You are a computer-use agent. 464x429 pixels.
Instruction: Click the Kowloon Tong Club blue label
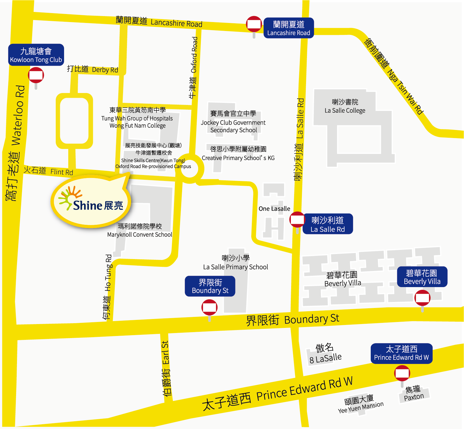[36, 55]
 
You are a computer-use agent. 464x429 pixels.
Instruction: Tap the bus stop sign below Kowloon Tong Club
[36, 75]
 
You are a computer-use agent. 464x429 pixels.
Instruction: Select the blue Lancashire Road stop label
[288, 28]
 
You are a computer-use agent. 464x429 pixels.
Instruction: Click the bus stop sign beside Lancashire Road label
[254, 24]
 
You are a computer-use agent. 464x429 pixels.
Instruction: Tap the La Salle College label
[345, 106]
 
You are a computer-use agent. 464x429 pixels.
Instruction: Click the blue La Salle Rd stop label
[328, 224]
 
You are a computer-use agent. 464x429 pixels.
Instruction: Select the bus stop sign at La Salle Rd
[297, 220]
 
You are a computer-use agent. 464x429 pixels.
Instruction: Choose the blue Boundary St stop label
[210, 286]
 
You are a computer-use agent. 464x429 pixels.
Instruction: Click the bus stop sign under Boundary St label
[209, 308]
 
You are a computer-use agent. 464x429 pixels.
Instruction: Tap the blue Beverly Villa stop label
[422, 277]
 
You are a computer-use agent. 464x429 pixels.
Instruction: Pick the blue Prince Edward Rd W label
[401, 353]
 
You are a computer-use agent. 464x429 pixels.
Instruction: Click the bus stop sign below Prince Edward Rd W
[402, 373]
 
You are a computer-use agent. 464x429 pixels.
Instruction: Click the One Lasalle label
[274, 209]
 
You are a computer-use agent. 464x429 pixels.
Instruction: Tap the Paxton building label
[414, 393]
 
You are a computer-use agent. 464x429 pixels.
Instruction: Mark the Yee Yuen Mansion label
[361, 404]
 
